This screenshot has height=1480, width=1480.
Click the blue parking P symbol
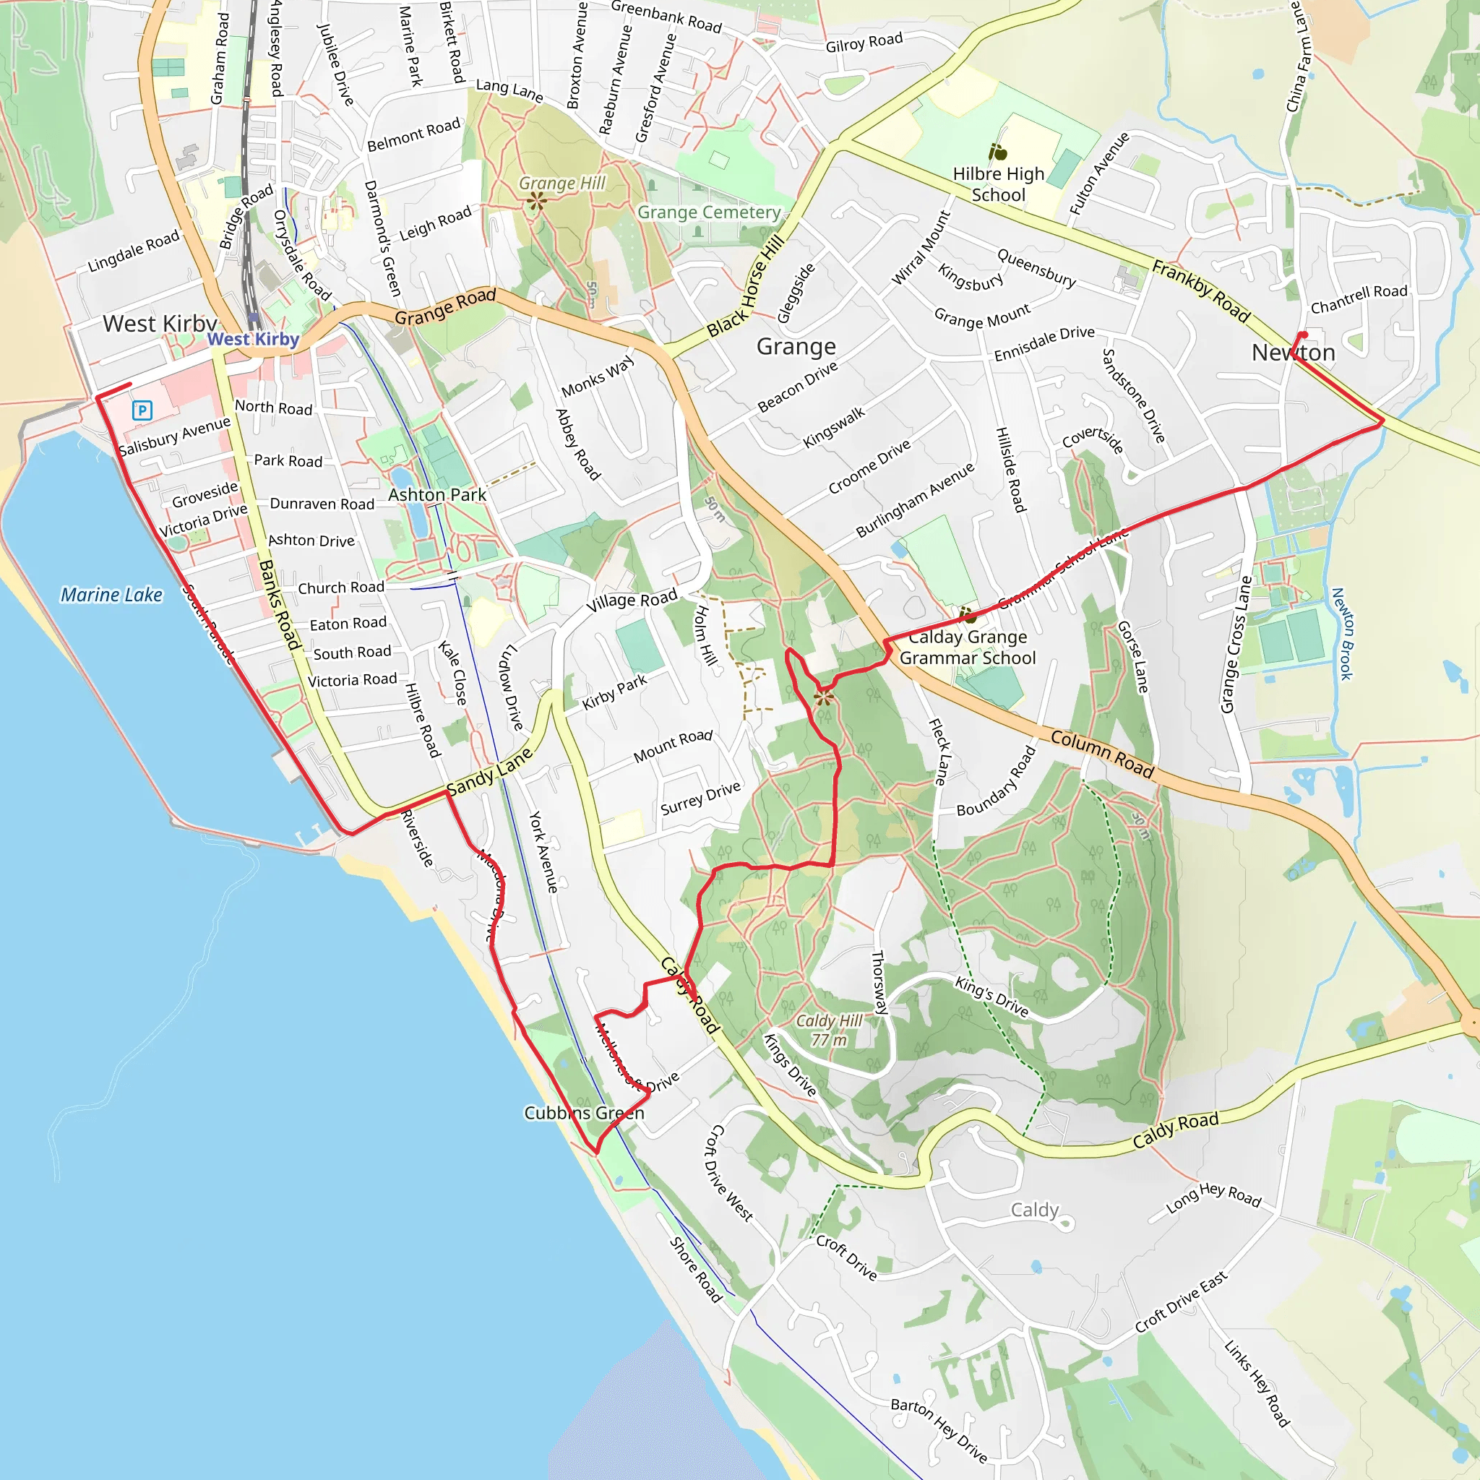coord(142,410)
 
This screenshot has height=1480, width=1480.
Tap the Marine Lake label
coord(112,595)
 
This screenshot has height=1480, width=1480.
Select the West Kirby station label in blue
coord(253,340)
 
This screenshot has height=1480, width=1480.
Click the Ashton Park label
coord(436,495)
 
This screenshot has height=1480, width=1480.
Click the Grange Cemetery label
coord(709,212)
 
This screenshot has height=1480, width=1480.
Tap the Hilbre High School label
coord(998,184)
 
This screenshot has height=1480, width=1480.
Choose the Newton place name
coord(1293,353)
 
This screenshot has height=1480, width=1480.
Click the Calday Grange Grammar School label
coord(968,647)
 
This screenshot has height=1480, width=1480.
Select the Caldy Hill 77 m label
coord(829,1031)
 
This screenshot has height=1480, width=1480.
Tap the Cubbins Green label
coord(584,1113)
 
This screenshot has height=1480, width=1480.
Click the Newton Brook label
coord(1342,634)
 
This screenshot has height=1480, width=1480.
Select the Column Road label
coord(1101,754)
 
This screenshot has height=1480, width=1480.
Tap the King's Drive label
coord(991,997)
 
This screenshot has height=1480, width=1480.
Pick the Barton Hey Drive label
coord(939,1429)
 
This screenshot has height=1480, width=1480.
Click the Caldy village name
coord(1034,1210)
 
